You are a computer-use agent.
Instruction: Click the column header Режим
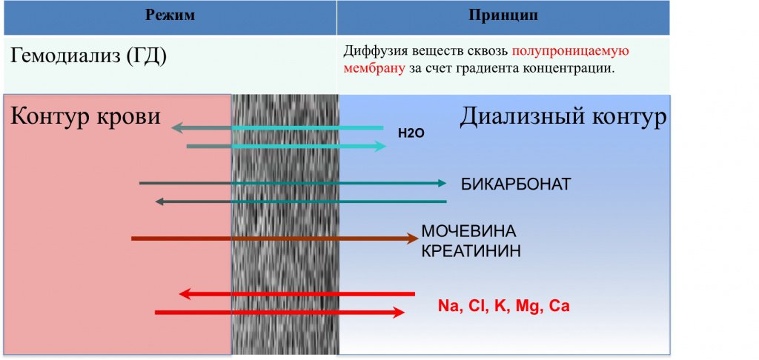pos(170,15)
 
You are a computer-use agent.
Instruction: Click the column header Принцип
pos(503,15)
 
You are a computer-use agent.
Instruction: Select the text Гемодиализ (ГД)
pos(88,56)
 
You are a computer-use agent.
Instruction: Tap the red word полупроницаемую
pos(570,51)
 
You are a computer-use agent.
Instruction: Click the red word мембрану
pos(374,68)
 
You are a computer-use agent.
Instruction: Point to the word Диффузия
pos(374,51)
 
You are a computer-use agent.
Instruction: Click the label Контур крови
pos(85,116)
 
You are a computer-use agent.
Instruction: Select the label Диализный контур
pos(563,116)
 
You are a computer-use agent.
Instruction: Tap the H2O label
pos(411,134)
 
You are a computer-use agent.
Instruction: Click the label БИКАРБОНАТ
pos(516,184)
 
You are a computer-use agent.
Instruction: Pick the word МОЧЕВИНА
pos(468,231)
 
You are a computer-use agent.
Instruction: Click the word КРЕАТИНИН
pos(471,251)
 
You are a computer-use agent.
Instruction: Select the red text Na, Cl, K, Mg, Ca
pos(503,306)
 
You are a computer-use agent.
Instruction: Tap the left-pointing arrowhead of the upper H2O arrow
pos(176,128)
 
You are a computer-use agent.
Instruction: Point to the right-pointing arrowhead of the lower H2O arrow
pos(381,146)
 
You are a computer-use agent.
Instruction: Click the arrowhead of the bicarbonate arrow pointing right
pos(442,183)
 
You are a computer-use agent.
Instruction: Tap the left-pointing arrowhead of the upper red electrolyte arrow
pos(185,294)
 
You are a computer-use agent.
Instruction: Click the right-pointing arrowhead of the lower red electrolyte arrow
pos(399,313)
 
